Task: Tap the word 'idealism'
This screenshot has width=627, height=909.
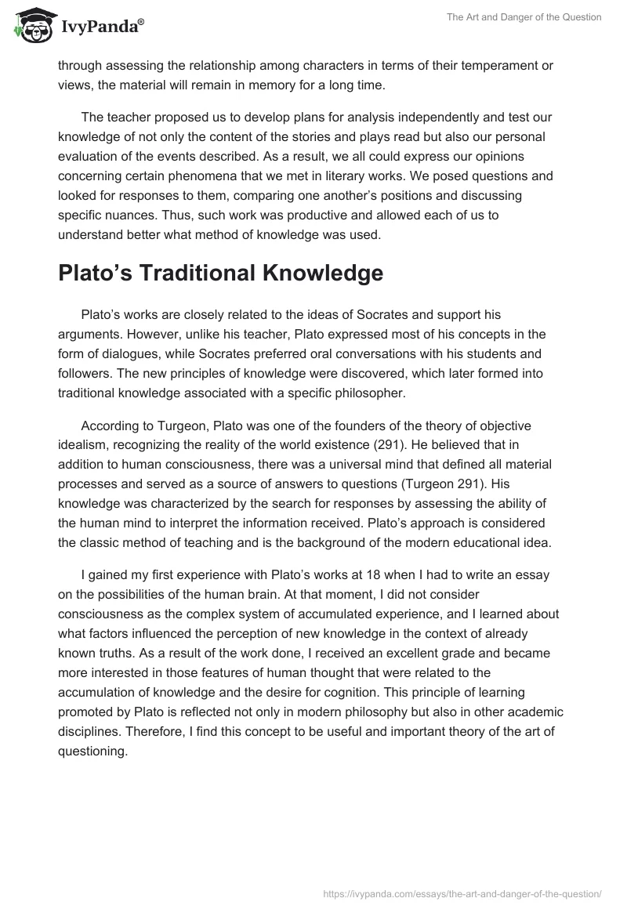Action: pyautogui.click(x=84, y=443)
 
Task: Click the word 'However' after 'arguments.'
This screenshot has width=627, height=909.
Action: pyautogui.click(x=147, y=333)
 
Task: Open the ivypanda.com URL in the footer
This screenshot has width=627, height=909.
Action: pyautogui.click(x=462, y=893)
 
